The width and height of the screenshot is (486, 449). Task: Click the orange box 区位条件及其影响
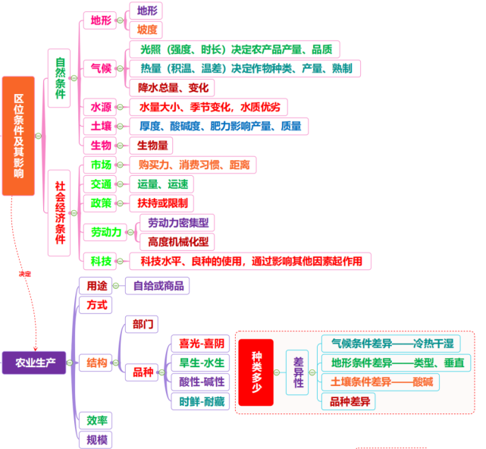[x=18, y=135]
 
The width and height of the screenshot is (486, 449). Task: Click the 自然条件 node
[x=61, y=73]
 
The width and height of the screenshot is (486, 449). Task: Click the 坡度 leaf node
[x=147, y=30]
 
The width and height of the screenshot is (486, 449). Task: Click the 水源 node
[x=101, y=107]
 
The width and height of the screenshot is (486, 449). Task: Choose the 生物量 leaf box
[x=153, y=145]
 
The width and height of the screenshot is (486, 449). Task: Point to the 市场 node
[x=101, y=165]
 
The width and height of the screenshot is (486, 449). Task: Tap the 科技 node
[x=101, y=262]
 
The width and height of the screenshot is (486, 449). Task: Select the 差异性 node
[x=299, y=372]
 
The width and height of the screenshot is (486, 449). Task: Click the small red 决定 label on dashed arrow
[x=25, y=273]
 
